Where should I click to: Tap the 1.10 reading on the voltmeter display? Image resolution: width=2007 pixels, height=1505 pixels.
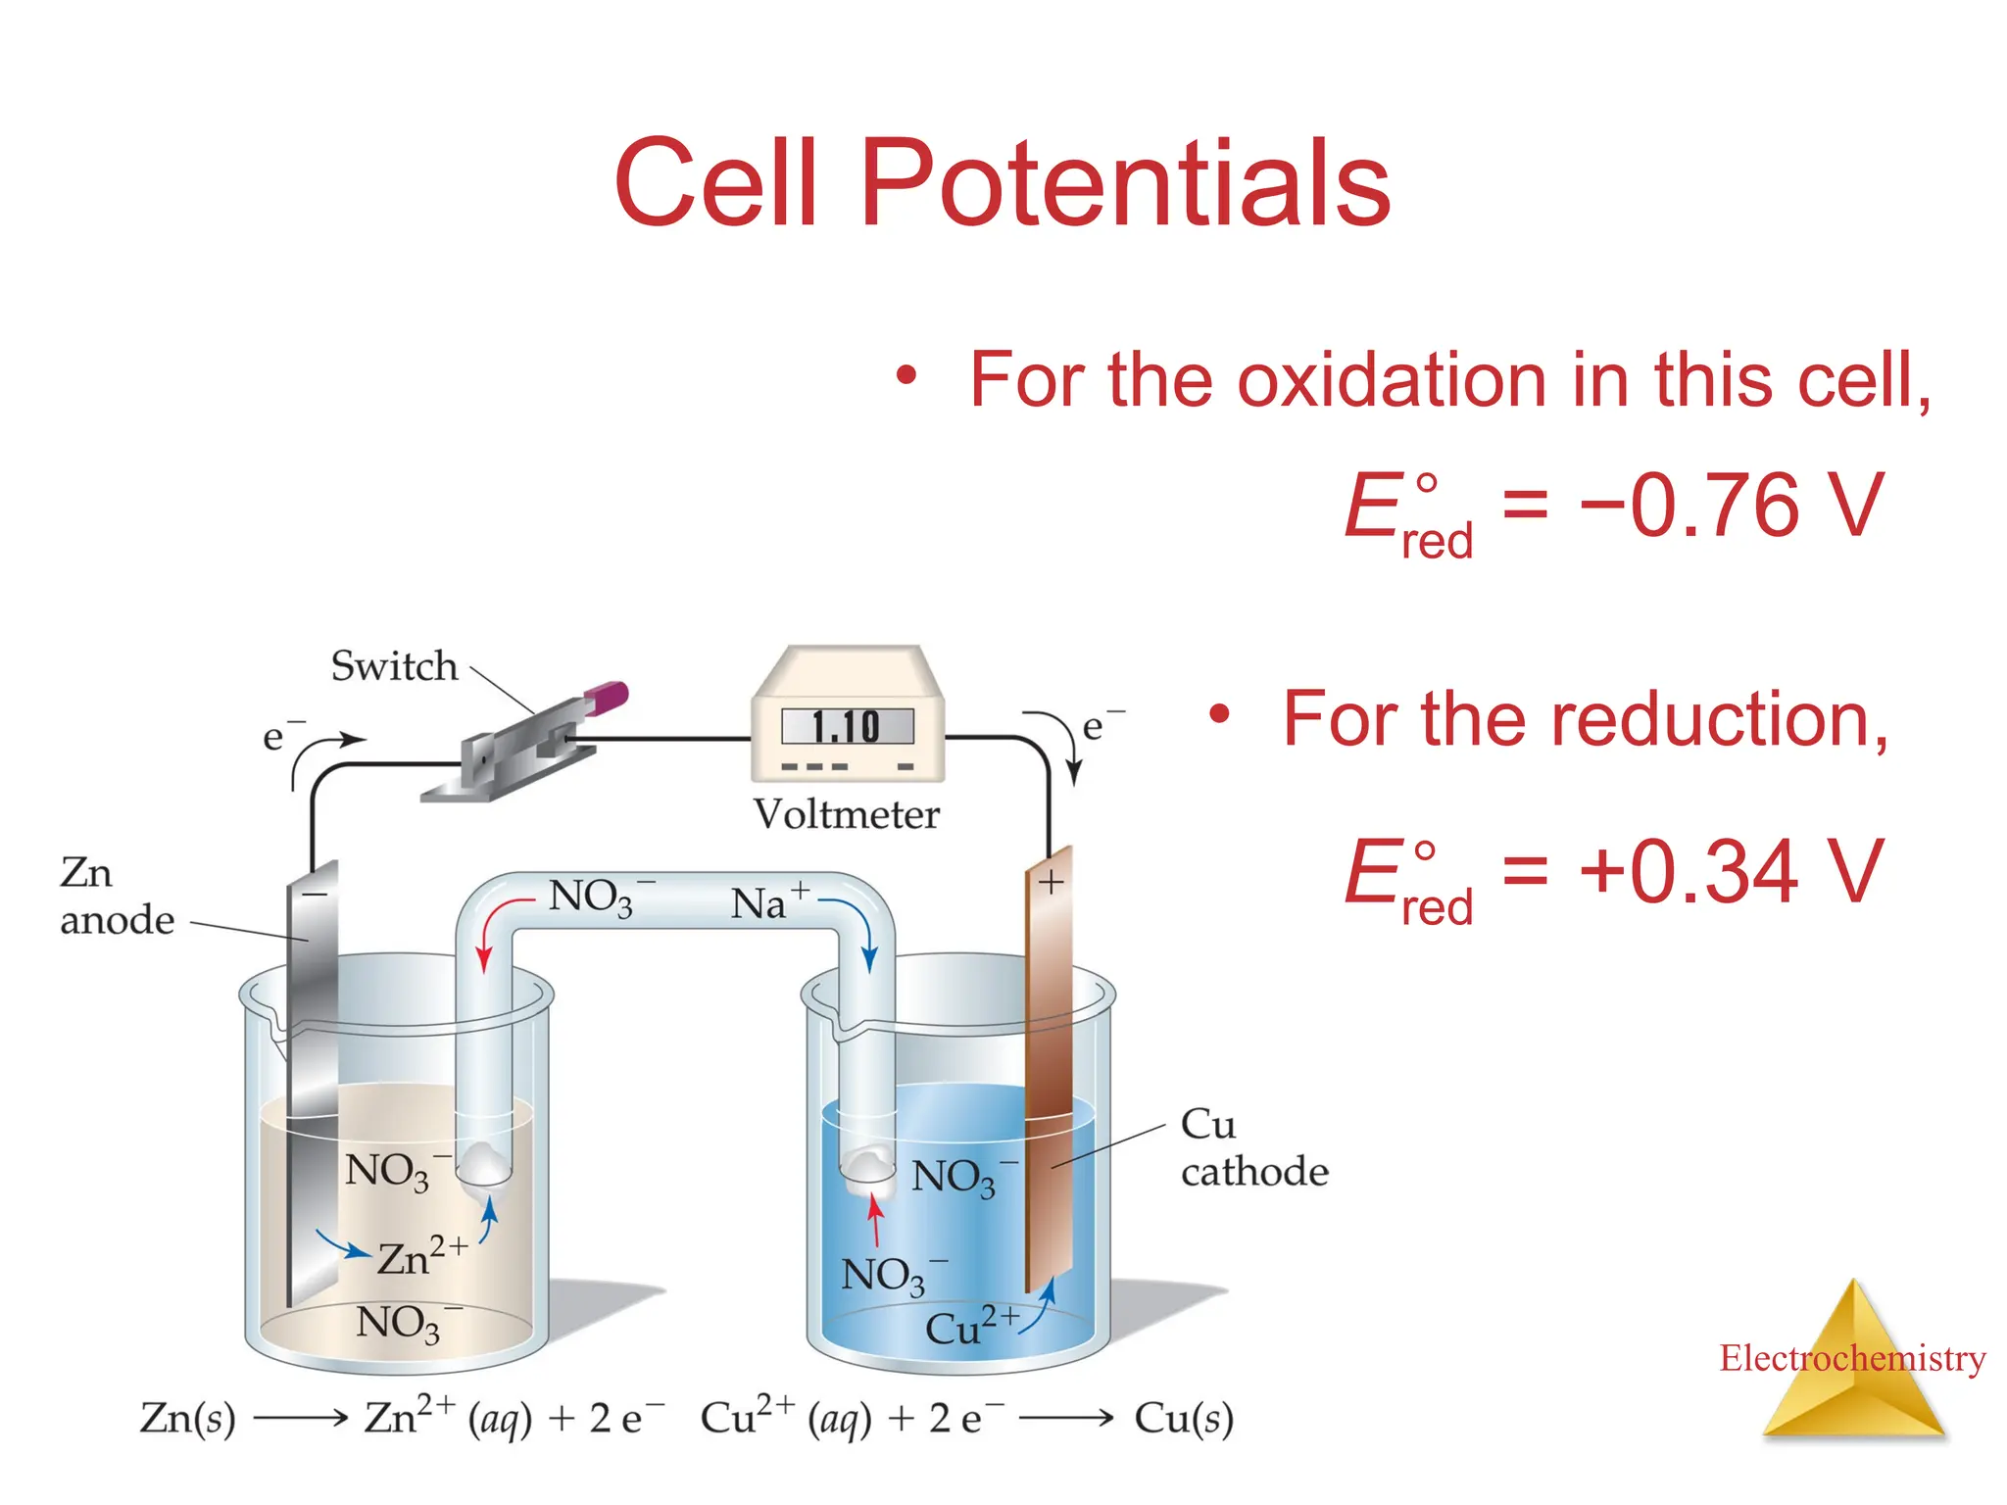coord(847,727)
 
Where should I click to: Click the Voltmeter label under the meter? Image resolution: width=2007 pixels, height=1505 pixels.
coord(846,814)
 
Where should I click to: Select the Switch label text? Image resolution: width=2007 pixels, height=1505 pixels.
coord(394,666)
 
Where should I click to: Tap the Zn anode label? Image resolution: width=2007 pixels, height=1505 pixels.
coord(116,897)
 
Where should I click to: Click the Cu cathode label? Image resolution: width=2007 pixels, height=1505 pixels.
coord(1252,1147)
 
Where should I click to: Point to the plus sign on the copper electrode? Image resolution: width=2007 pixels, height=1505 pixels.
coord(1051,882)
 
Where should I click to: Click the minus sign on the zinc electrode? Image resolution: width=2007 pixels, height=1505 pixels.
coord(315,894)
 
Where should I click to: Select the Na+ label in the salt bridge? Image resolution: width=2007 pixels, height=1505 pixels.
coord(768,901)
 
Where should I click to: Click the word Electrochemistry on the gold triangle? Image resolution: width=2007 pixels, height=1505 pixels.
coord(1851,1358)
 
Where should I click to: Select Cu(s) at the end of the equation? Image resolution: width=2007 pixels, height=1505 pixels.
coord(1183,1418)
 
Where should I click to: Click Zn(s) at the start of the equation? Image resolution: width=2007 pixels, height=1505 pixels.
coord(188,1418)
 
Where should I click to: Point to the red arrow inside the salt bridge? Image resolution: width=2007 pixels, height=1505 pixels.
coord(495,926)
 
